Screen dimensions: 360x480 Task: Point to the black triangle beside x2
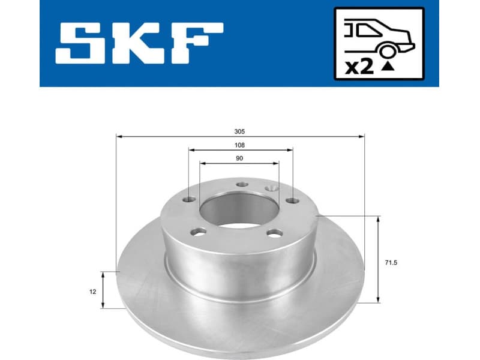pyautogui.click(x=388, y=68)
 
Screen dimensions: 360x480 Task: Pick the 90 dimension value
pyautogui.click(x=239, y=158)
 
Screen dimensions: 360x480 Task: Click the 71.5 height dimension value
pyautogui.click(x=389, y=262)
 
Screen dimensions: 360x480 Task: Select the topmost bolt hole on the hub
pyautogui.click(x=241, y=185)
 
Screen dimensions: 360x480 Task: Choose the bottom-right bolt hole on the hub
pyautogui.click(x=274, y=233)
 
